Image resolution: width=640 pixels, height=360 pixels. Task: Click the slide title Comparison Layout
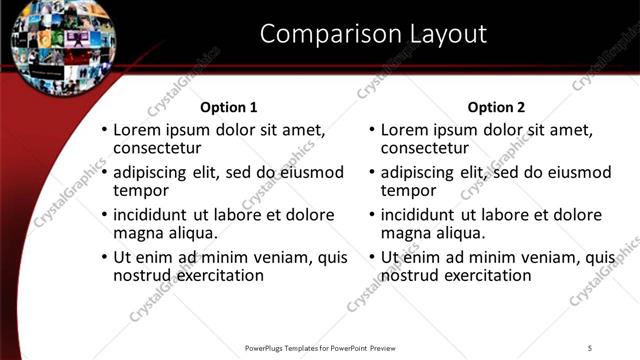click(373, 34)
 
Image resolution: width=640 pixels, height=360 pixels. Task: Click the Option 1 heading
click(229, 107)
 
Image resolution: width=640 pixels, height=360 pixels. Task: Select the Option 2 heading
click(496, 107)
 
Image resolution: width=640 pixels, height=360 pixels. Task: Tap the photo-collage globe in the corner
click(50, 45)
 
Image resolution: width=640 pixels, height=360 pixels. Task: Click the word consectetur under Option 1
click(158, 149)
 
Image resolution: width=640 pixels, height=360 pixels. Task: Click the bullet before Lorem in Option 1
click(104, 131)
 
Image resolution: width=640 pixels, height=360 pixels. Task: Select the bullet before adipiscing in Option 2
click(372, 173)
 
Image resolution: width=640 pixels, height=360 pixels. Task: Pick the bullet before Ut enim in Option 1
click(104, 257)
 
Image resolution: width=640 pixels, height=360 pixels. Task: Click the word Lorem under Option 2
click(406, 130)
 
